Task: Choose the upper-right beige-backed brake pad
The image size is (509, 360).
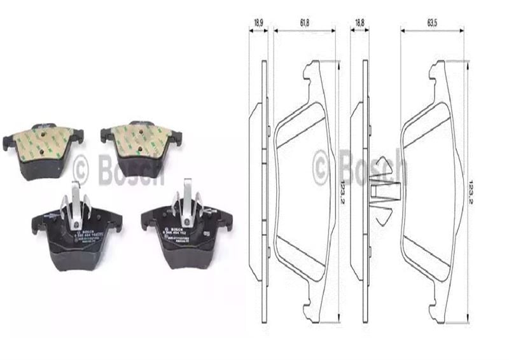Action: tap(141, 142)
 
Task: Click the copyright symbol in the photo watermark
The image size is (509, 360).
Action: tap(81, 168)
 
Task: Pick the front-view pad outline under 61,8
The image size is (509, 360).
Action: tap(304, 191)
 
